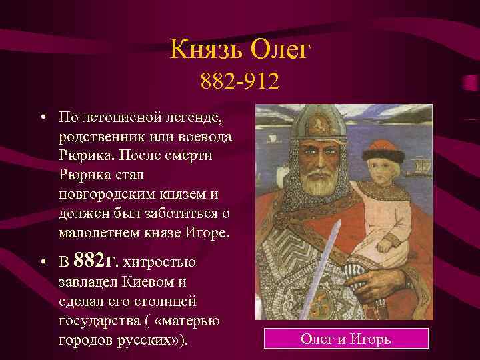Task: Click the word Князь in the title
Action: click(204, 50)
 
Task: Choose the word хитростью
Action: click(159, 261)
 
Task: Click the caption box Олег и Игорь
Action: click(345, 339)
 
